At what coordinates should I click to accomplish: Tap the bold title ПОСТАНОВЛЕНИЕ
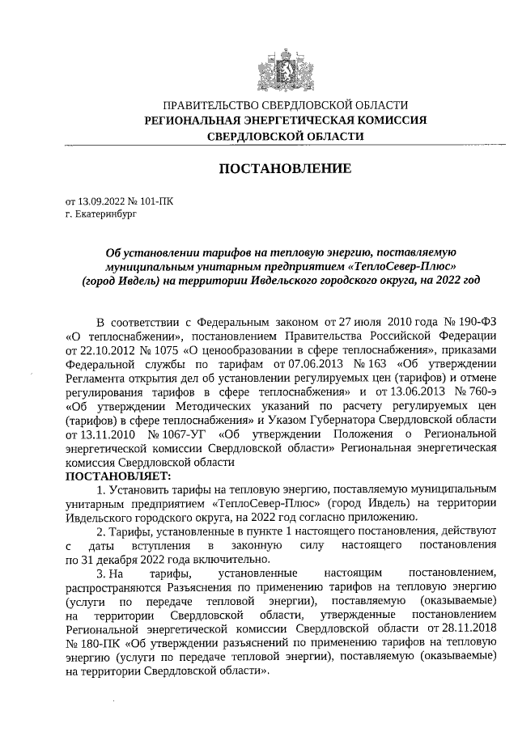click(286, 169)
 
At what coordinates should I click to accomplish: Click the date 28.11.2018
click(462, 630)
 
